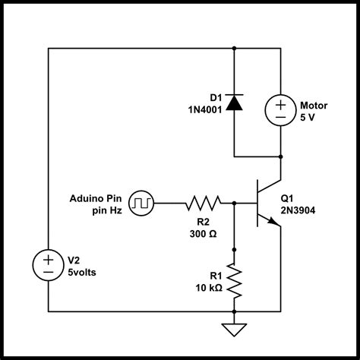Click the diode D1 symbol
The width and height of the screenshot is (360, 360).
[x=234, y=103]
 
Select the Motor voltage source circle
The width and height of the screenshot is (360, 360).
[x=281, y=110]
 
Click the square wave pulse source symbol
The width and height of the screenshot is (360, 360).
[x=141, y=203]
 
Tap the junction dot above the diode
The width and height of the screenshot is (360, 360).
[x=234, y=49]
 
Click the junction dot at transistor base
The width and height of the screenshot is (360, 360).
[x=234, y=203]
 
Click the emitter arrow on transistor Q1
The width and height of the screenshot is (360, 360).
[x=274, y=222]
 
